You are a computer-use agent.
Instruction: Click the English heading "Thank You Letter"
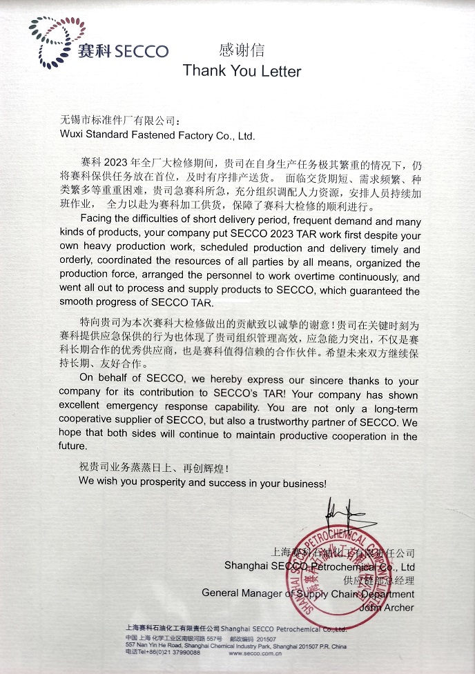click(242, 71)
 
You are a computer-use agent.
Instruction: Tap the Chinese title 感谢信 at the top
click(241, 50)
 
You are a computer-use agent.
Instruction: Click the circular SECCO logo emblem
click(51, 43)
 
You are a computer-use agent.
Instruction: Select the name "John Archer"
click(387, 608)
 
